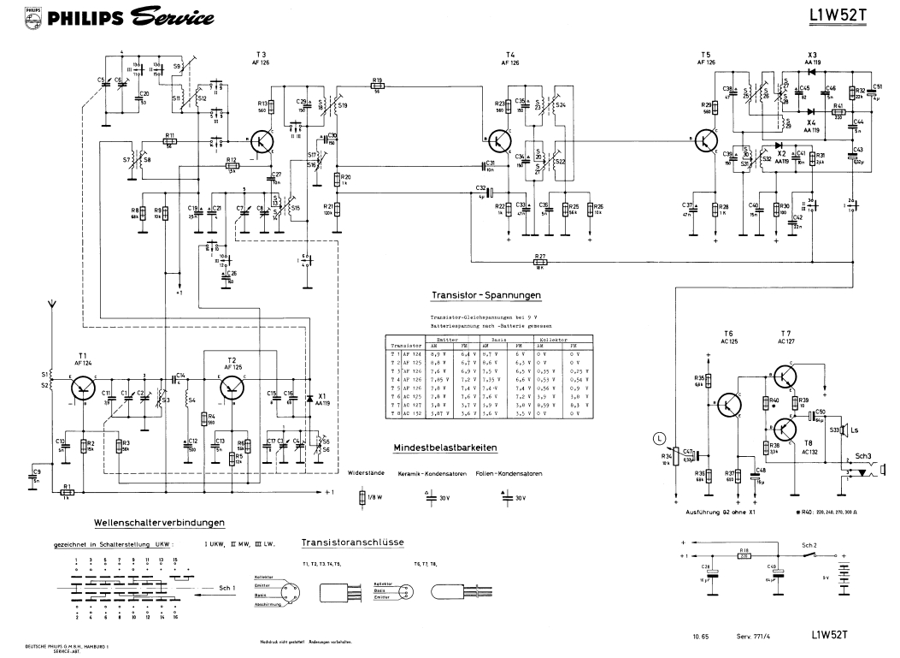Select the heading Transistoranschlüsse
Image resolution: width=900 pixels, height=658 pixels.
352,542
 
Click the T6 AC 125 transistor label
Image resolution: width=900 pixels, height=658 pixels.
728,337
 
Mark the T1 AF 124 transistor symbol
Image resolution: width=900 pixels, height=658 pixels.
82,389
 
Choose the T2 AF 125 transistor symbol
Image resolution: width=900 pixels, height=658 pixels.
232,389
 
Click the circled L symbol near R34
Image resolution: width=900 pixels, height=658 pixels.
658,439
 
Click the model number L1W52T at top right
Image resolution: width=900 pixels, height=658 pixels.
841,16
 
